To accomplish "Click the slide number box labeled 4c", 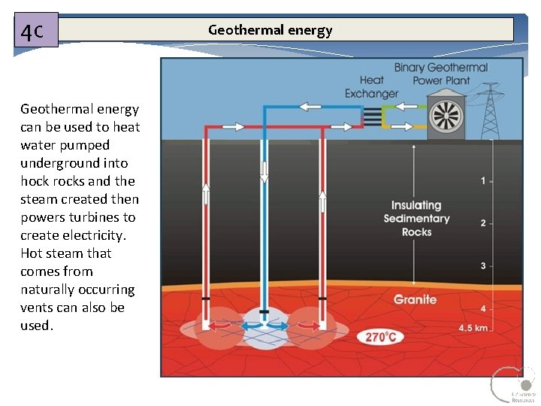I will pyautogui.click(x=35, y=32).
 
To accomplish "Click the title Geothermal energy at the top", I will pyautogui.click(x=270, y=30).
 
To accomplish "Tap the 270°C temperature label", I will pyautogui.click(x=381, y=337).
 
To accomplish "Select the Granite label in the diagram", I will pyautogui.click(x=415, y=299).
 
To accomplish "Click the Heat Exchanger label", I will pyautogui.click(x=371, y=86).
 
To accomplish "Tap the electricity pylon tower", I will pyautogui.click(x=491, y=109).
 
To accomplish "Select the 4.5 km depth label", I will pyautogui.click(x=473, y=328).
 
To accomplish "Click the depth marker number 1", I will pyautogui.click(x=482, y=181).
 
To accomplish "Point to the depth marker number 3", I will pyautogui.click(x=482, y=265).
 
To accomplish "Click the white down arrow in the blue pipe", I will pyautogui.click(x=264, y=171).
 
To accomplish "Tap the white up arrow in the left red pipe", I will pyautogui.click(x=205, y=195).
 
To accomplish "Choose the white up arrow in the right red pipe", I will pyautogui.click(x=322, y=201).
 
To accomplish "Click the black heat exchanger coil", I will pyautogui.click(x=373, y=116).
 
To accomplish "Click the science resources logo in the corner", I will pyautogui.click(x=514, y=385).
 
